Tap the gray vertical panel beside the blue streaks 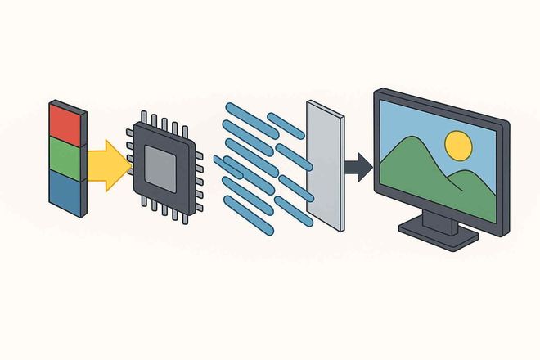(322, 164)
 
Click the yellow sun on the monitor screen (458, 146)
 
